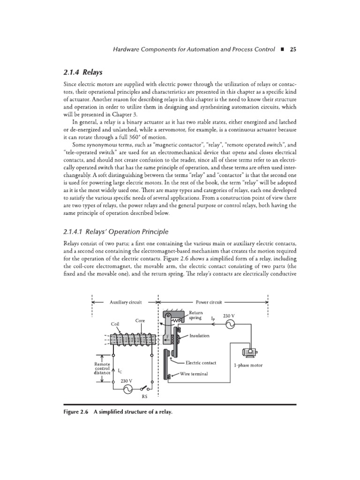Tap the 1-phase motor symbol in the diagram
pyautogui.click(x=247, y=353)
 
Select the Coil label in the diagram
pyautogui.click(x=115, y=323)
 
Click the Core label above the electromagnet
pyautogui.click(x=140, y=321)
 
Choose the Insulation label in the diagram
pyautogui.click(x=200, y=336)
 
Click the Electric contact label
pyautogui.click(x=202, y=362)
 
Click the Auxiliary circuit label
pyautogui.click(x=125, y=302)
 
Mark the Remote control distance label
pyautogui.click(x=102, y=368)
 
